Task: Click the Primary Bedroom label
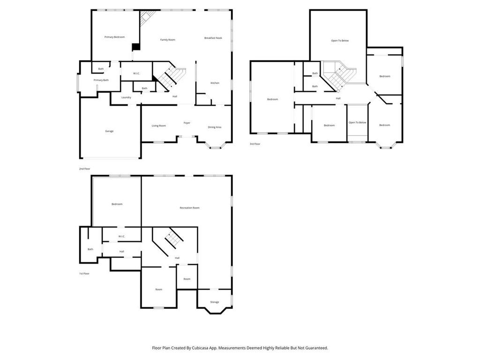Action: pyautogui.click(x=114, y=37)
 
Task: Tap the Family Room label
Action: pyautogui.click(x=167, y=40)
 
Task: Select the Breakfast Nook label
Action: pyautogui.click(x=213, y=38)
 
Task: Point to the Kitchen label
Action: pyautogui.click(x=215, y=83)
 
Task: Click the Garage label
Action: pyautogui.click(x=109, y=131)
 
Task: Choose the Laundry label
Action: pyautogui.click(x=126, y=97)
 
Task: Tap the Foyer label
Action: pyautogui.click(x=187, y=123)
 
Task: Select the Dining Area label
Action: pyautogui.click(x=215, y=127)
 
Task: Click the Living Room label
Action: pyautogui.click(x=159, y=126)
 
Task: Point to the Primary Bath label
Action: pyautogui.click(x=101, y=80)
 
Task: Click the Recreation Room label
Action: pyautogui.click(x=189, y=208)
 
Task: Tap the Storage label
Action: pyautogui.click(x=215, y=302)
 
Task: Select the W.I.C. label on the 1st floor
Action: pyautogui.click(x=121, y=236)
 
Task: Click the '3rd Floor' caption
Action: pyautogui.click(x=255, y=144)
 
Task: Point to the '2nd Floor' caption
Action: pyautogui.click(x=85, y=168)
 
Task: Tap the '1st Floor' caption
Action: pyautogui.click(x=84, y=273)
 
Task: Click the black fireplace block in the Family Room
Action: pyautogui.click(x=136, y=47)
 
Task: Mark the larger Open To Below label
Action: pyautogui.click(x=340, y=41)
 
